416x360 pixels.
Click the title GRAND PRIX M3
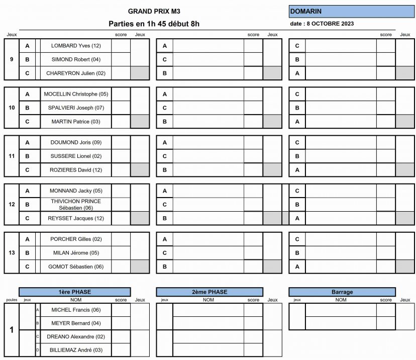[154, 11]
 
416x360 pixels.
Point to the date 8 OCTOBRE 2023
[322, 24]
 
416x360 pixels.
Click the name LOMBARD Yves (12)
[76, 46]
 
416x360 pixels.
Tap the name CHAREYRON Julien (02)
[76, 73]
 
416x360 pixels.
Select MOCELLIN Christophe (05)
[76, 94]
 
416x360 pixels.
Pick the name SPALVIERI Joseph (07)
[76, 108]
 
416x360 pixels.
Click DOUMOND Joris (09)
[76, 142]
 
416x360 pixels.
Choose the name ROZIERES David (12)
[76, 170]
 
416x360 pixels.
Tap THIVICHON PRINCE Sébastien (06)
[76, 204]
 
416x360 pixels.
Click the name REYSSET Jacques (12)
[76, 218]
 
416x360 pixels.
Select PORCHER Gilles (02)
[76, 239]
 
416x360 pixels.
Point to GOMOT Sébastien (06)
[76, 266]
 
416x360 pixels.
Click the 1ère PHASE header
[75, 292]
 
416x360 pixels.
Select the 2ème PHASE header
[210, 292]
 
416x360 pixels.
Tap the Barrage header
[342, 292]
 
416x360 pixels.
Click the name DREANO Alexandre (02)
[76, 336]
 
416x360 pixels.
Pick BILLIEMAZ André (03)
[76, 350]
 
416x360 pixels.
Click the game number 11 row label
[12, 156]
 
